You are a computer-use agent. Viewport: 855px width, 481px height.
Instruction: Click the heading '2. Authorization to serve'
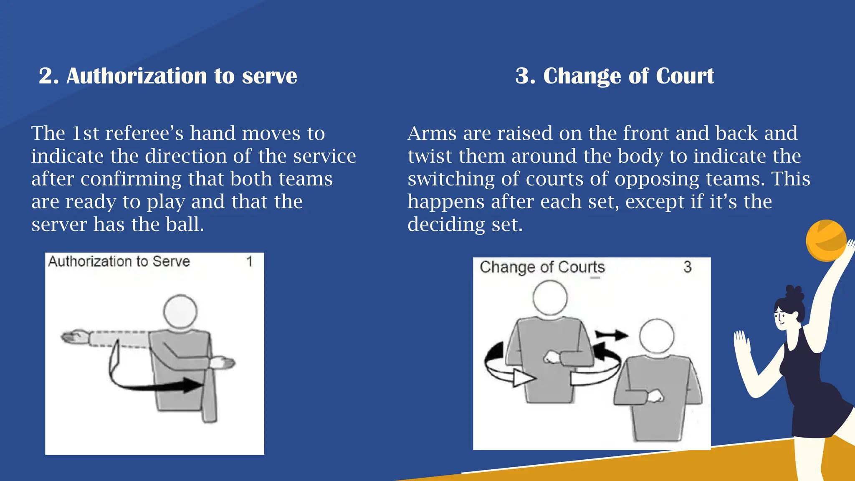point(168,76)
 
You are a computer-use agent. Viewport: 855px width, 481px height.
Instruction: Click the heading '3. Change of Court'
point(615,76)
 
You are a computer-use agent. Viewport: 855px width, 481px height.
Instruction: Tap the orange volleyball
point(826,240)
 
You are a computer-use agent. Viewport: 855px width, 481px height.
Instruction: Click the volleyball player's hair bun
point(794,293)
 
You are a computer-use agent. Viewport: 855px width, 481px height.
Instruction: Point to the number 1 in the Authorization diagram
point(249,262)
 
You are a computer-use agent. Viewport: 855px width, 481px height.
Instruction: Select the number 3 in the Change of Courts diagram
point(687,267)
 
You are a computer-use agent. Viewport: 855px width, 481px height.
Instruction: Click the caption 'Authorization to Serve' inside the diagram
point(119,262)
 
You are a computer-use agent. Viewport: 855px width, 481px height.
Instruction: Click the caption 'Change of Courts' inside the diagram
point(542,267)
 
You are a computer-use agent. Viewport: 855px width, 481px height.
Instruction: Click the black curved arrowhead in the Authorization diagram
point(193,385)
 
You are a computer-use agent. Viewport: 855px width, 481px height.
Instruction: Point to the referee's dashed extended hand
point(75,337)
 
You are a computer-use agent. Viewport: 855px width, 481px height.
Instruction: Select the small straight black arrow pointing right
point(611,334)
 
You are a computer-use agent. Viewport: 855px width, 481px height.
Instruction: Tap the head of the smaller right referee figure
point(657,336)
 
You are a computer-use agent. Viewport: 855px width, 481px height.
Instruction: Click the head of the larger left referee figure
point(550,298)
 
